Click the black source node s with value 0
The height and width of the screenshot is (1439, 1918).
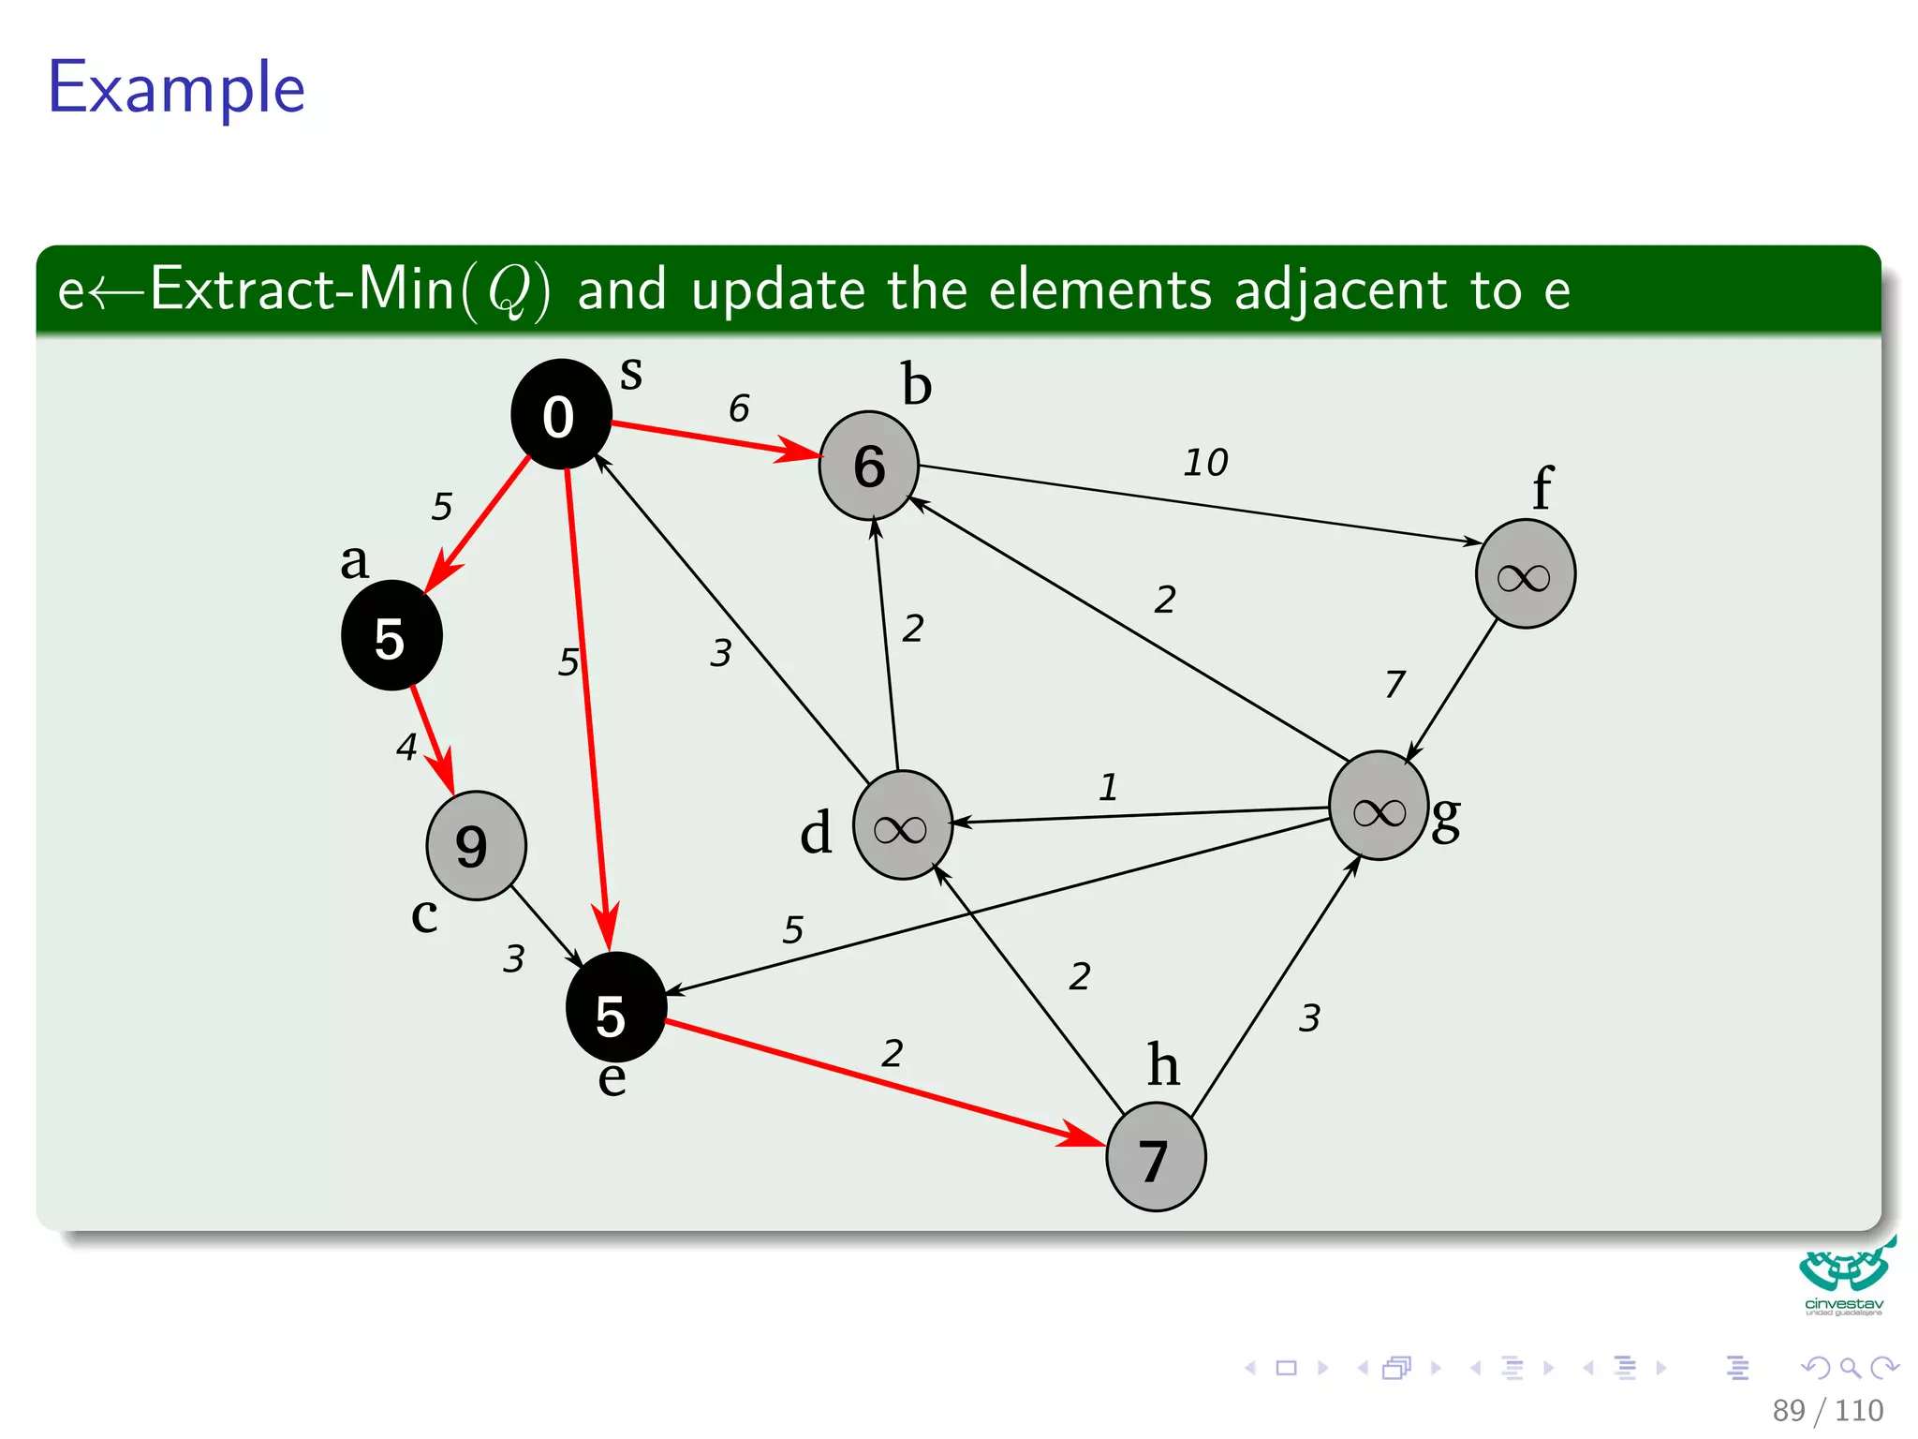[x=561, y=414]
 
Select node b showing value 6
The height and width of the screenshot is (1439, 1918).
[x=869, y=466]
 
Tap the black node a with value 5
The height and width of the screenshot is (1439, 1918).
[x=391, y=636]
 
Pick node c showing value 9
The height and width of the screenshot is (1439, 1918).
[x=476, y=845]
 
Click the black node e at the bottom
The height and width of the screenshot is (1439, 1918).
[x=615, y=1008]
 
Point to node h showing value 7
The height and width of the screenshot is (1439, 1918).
[x=1156, y=1157]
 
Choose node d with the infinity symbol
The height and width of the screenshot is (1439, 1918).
[x=902, y=825]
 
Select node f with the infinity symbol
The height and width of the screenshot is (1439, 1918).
[x=1526, y=574]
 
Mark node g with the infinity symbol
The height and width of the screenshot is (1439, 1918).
[x=1379, y=807]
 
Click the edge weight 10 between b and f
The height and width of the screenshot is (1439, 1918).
[x=1205, y=462]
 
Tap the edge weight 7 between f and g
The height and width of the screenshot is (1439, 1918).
[x=1394, y=684]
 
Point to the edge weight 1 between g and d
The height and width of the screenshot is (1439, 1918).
[x=1108, y=787]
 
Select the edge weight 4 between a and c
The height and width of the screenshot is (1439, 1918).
[x=406, y=747]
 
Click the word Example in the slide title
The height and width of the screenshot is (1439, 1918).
[x=177, y=88]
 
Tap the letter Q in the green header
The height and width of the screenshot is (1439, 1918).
[x=511, y=290]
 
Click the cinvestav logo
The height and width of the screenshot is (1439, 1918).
[x=1844, y=1277]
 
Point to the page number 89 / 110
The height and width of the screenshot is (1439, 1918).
[x=1827, y=1410]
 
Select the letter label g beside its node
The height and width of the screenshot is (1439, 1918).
[x=1446, y=818]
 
